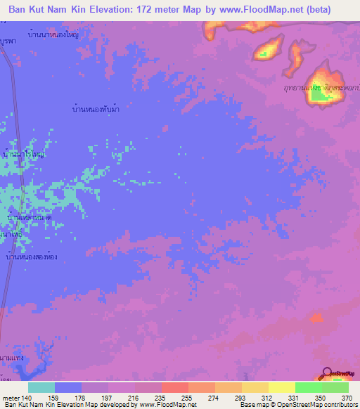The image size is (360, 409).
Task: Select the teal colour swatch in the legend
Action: [x=41, y=387]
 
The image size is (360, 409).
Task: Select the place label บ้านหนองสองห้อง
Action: [x=31, y=259]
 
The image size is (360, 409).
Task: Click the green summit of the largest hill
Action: [x=320, y=96]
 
